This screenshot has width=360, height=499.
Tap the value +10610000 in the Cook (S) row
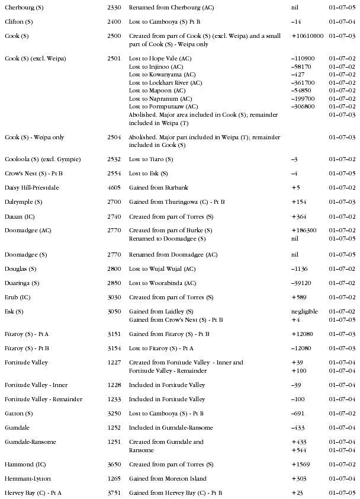click(x=307, y=36)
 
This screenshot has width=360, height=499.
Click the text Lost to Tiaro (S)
click(x=151, y=160)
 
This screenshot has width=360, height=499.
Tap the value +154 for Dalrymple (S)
click(x=298, y=202)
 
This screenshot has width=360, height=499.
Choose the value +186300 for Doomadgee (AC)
click(x=304, y=231)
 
